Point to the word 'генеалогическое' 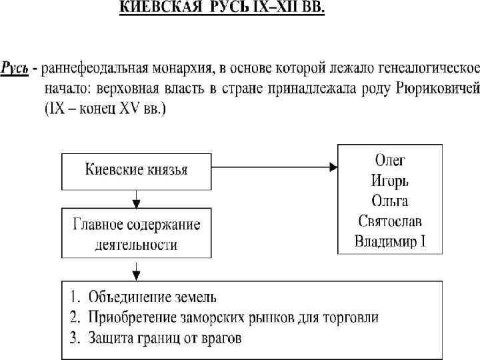point(425,68)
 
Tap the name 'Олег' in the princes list point(390,160)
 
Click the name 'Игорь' point(390,180)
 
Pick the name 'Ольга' point(390,200)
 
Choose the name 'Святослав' point(390,220)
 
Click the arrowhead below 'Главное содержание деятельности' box point(137,271)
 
